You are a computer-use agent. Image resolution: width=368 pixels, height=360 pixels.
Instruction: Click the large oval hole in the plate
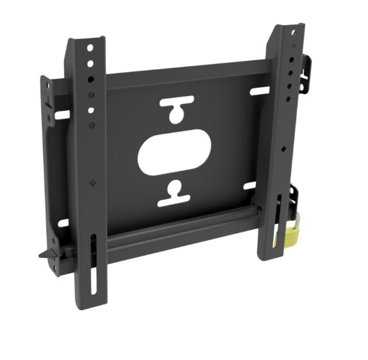tap(174, 153)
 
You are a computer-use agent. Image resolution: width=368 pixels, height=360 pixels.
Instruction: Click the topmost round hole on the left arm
tap(90, 47)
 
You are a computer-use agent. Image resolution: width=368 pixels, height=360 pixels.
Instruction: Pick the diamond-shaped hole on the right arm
tap(283, 149)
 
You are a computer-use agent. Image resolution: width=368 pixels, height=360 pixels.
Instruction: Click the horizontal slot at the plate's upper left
tap(62, 115)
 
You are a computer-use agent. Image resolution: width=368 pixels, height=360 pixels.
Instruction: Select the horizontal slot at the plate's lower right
tap(250, 186)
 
